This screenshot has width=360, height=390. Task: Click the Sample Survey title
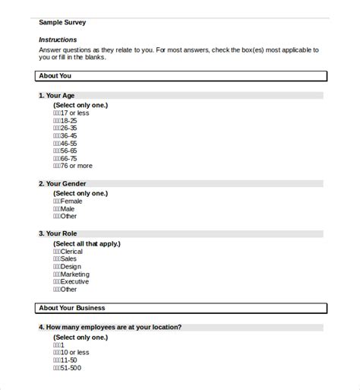[62, 23]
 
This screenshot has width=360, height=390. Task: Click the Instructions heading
[57, 40]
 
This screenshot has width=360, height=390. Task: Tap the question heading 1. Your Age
[58, 96]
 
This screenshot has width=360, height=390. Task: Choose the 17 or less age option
[71, 113]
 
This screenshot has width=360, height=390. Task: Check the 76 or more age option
[72, 165]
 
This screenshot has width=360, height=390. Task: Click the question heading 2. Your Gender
[62, 184]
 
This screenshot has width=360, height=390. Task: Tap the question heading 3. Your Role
[57, 233]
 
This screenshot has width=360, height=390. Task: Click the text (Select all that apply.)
[87, 243]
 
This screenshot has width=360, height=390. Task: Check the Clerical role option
[69, 251]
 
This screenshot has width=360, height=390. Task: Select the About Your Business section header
[71, 308]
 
